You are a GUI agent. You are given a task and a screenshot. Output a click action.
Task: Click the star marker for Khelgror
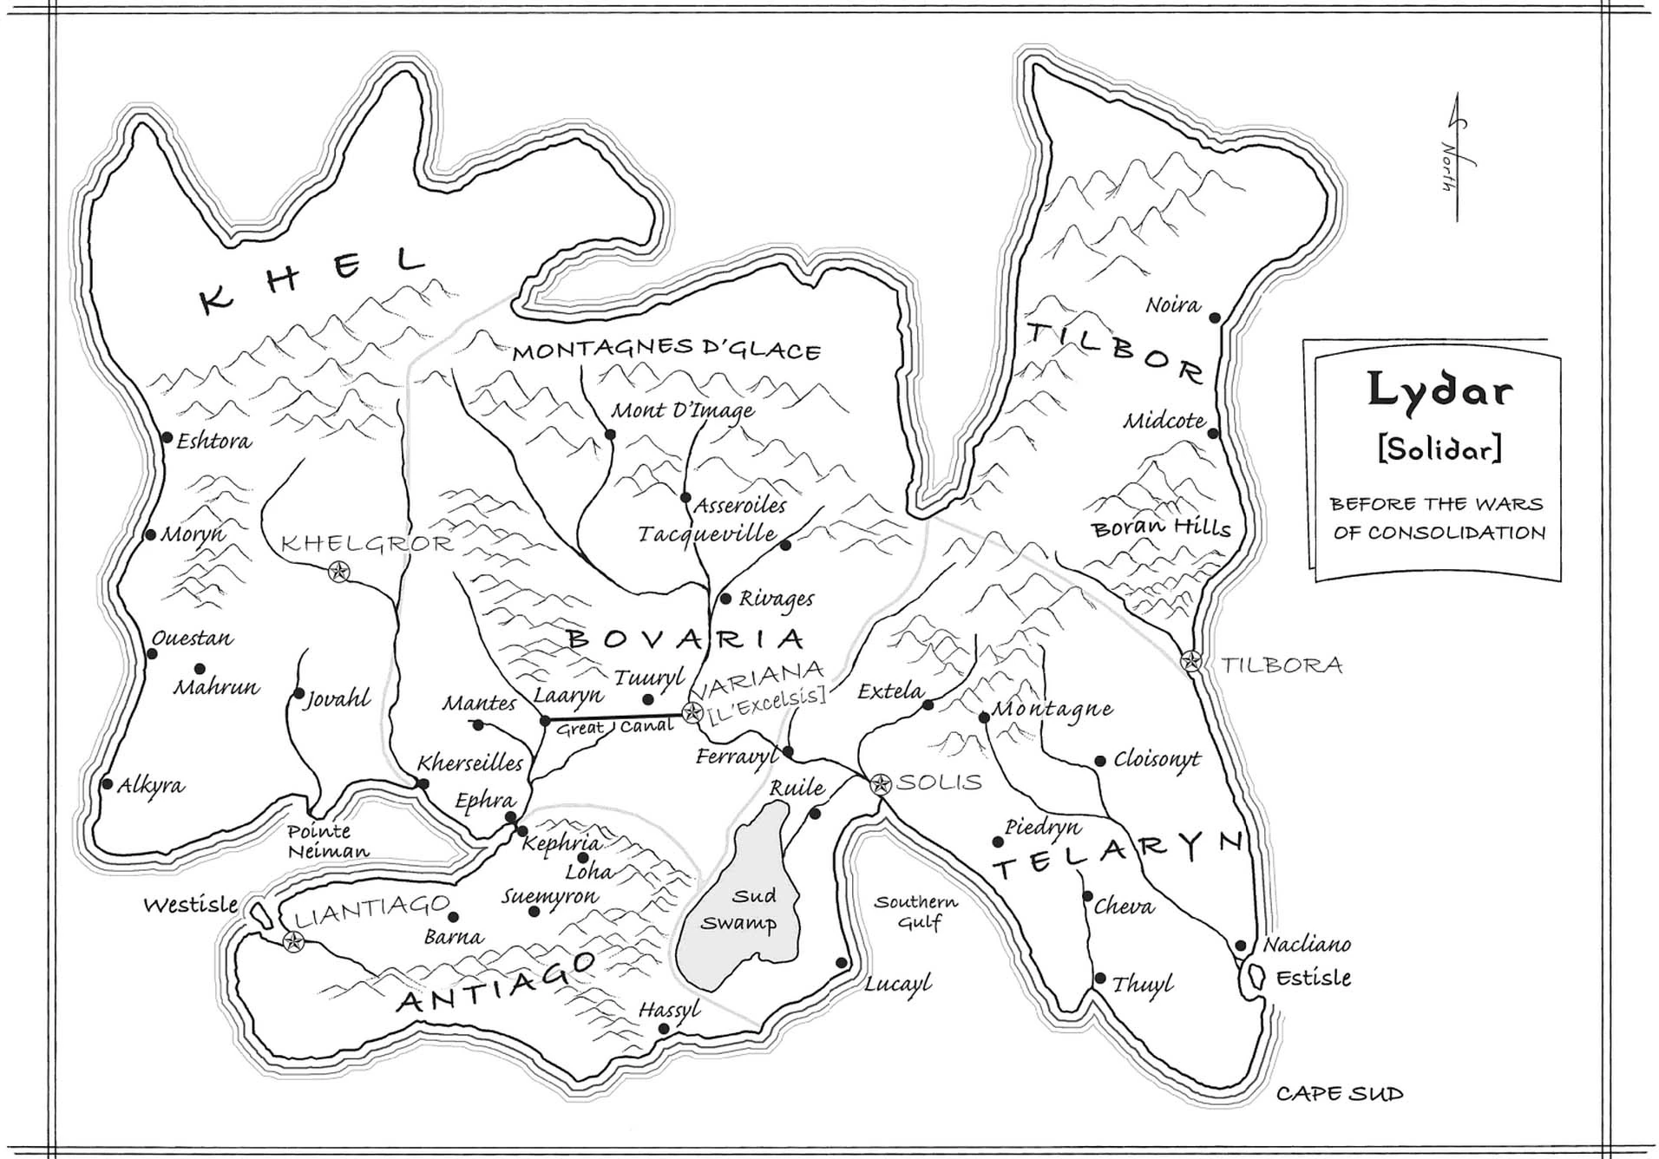(x=339, y=571)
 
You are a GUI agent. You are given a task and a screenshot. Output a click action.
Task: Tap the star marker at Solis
(x=881, y=784)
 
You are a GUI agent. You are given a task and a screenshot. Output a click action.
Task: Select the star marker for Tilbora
(x=1192, y=661)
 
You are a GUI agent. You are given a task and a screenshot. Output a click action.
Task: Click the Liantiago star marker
(x=293, y=942)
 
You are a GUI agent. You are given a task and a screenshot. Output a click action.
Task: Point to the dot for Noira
(x=1215, y=318)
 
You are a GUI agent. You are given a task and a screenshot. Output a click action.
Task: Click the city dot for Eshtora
(x=167, y=437)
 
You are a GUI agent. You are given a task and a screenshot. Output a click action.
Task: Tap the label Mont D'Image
(x=683, y=410)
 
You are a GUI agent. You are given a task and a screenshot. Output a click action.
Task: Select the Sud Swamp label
(x=739, y=909)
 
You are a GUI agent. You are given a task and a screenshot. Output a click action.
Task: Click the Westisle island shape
(x=258, y=913)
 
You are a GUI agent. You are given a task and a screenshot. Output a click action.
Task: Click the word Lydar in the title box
(x=1439, y=390)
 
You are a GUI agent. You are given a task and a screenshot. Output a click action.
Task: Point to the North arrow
(x=1456, y=156)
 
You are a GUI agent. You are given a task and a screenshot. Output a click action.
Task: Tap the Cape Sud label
(x=1339, y=1094)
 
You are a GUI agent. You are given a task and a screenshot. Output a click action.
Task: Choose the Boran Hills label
(x=1161, y=528)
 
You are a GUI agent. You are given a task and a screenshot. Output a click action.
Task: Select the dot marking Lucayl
(x=841, y=963)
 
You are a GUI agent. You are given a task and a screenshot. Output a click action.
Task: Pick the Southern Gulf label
(x=916, y=912)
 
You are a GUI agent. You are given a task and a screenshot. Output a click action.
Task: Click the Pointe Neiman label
(x=328, y=841)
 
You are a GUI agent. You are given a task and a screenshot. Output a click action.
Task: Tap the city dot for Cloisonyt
(x=1099, y=761)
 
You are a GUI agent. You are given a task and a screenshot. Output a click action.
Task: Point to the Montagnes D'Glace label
(x=666, y=350)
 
